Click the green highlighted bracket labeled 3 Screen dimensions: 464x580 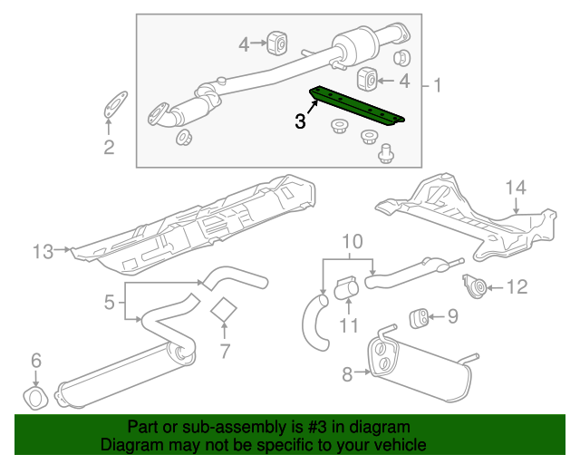coord(358,105)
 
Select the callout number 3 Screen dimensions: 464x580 coord(300,121)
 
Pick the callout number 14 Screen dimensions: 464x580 coord(515,188)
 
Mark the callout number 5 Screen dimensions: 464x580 coord(108,301)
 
